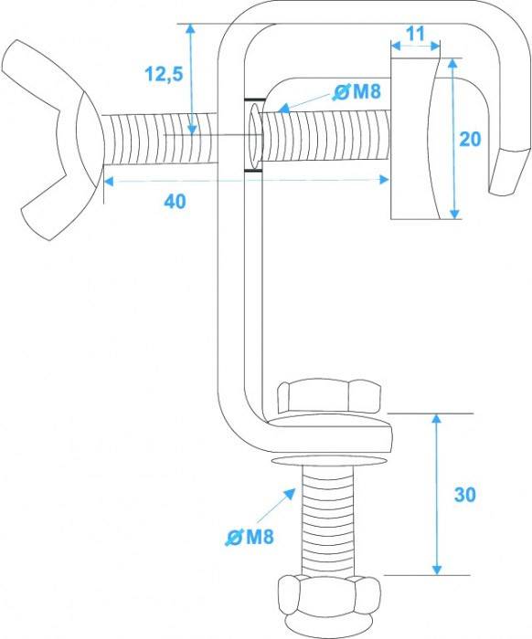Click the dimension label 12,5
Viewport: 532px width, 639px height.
point(164,74)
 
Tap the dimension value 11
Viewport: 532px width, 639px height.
point(416,34)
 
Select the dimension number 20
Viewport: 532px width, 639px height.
point(470,139)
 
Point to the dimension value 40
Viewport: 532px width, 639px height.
point(175,202)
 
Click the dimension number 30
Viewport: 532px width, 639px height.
point(465,495)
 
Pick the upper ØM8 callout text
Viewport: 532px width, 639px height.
point(356,91)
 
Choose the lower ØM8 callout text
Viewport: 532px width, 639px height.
point(250,537)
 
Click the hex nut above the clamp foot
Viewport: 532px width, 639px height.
point(328,396)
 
